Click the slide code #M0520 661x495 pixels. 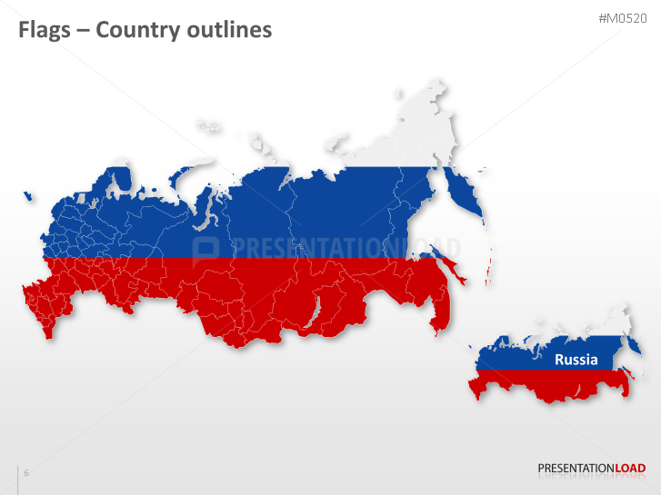pos(621,18)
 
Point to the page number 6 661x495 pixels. pos(26,473)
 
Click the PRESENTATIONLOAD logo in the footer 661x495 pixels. pos(591,469)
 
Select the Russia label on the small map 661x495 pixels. pos(576,360)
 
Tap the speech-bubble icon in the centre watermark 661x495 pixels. pos(206,250)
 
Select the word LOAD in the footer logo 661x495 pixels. pos(630,469)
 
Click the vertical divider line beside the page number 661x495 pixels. pos(18,480)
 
